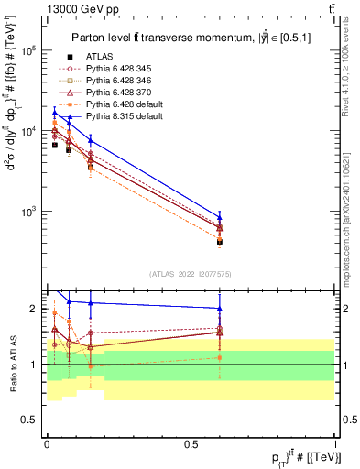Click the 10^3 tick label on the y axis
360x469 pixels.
click(x=30, y=212)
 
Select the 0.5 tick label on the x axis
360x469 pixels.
click(x=191, y=444)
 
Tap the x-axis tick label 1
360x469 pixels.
click(x=335, y=444)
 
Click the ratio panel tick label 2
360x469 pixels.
click(x=35, y=309)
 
